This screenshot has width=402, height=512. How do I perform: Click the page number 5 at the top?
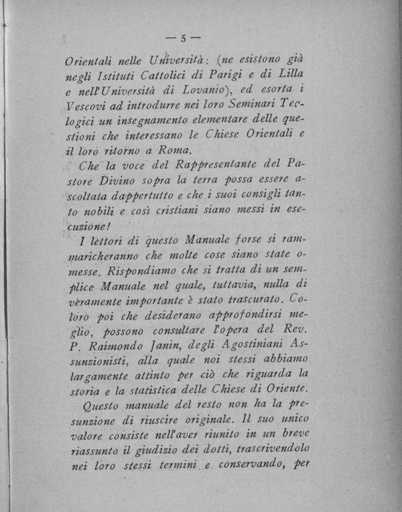pyautogui.click(x=183, y=38)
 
